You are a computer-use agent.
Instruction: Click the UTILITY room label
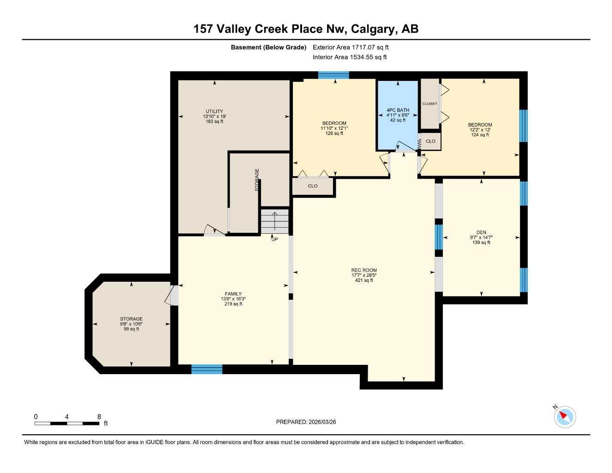coord(214,111)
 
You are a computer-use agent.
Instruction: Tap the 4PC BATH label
coord(398,110)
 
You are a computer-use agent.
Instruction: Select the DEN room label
coord(481,233)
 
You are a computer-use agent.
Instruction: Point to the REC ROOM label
coord(364,270)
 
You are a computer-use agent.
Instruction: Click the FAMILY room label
coord(233,294)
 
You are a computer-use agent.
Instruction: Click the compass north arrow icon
coord(564,417)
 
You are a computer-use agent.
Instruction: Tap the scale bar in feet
coord(67,423)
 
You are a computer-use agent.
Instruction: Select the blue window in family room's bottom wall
coord(207,369)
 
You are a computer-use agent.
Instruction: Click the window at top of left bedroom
coord(333,75)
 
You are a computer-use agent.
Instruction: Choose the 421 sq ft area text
coord(364,280)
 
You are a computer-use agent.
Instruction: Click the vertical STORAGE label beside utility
coord(257,180)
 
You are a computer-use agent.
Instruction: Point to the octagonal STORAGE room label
coord(131,319)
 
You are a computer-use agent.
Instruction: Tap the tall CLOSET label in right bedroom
coord(430,104)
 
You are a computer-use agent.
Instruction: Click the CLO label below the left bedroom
coord(313,186)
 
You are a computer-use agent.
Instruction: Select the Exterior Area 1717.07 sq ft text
coord(351,47)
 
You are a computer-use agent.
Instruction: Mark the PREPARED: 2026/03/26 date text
coord(306,422)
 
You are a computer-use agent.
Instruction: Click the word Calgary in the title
coord(373,29)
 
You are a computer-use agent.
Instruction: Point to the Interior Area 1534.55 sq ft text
coord(350,57)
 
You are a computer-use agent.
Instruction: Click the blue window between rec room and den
coord(439,237)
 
